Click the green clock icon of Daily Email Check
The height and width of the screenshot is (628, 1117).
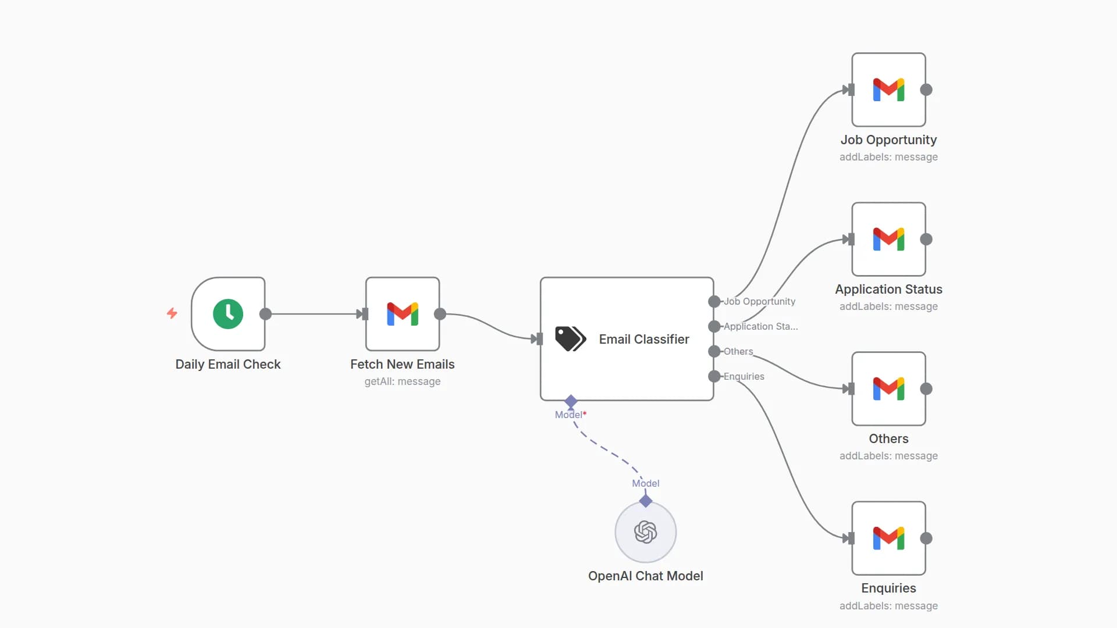pyautogui.click(x=228, y=314)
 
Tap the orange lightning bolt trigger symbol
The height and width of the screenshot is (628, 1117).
pyautogui.click(x=172, y=313)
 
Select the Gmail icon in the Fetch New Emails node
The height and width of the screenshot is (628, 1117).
pyautogui.click(x=403, y=314)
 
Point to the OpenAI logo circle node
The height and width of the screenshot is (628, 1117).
pyautogui.click(x=645, y=532)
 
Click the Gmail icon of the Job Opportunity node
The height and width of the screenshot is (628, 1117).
pyautogui.click(x=888, y=90)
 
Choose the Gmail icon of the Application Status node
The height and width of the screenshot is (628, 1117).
pyautogui.click(x=888, y=239)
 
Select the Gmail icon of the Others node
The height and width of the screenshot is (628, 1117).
pyautogui.click(x=888, y=388)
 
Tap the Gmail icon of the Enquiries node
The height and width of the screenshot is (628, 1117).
pyautogui.click(x=888, y=538)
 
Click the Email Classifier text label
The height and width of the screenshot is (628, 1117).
pyautogui.click(x=644, y=339)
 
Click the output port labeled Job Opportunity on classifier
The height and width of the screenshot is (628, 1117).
pyautogui.click(x=714, y=301)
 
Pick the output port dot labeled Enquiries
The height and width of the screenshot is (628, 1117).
pyautogui.click(x=714, y=376)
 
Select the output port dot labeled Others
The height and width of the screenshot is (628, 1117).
pyautogui.click(x=714, y=351)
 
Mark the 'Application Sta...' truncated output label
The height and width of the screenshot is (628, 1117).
pyautogui.click(x=760, y=326)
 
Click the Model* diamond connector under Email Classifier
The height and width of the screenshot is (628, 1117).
pyautogui.click(x=571, y=401)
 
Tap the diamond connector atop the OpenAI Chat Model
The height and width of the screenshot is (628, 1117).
pyautogui.click(x=645, y=501)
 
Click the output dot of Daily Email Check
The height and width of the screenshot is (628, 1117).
pyautogui.click(x=265, y=314)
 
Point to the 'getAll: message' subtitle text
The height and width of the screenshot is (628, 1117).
pyautogui.click(x=403, y=381)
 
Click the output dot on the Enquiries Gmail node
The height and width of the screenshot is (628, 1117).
pyautogui.click(x=926, y=538)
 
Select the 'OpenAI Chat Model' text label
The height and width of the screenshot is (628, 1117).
pyautogui.click(x=645, y=576)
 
